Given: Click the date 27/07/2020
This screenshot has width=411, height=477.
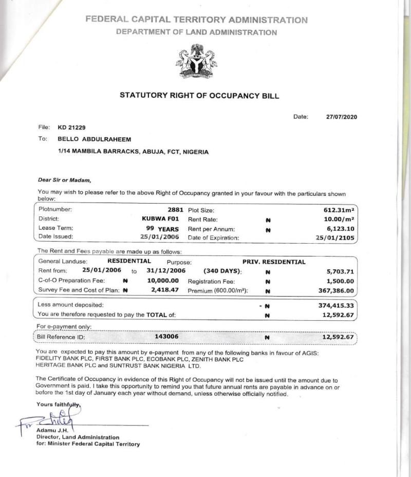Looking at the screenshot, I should click(x=341, y=117).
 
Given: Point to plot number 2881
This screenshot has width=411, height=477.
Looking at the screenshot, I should click(x=176, y=210).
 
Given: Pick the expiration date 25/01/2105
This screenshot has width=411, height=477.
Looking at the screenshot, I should click(x=336, y=237).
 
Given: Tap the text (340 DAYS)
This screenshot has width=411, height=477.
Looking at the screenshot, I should click(x=223, y=271).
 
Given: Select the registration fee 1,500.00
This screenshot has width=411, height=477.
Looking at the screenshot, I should click(x=340, y=281).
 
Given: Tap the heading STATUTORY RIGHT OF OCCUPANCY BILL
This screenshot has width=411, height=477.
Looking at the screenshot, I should click(x=199, y=96).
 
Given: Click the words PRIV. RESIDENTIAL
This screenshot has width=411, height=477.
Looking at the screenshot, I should click(x=274, y=262).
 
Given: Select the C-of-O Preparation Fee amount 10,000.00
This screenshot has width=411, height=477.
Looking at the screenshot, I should click(x=163, y=281).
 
